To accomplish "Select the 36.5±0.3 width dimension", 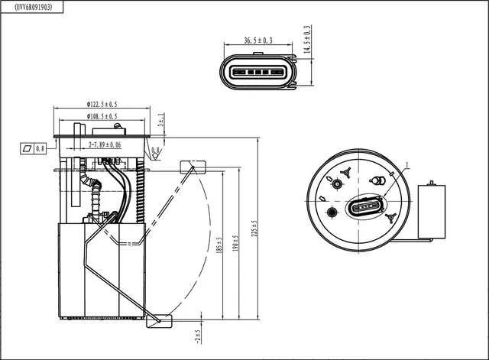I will click(257, 41).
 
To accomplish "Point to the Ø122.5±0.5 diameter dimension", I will click(102, 104).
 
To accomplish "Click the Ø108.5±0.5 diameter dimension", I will click(102, 116).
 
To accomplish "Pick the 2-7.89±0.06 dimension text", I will click(105, 144).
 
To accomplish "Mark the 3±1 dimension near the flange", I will click(160, 120).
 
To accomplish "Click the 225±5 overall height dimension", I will click(255, 228).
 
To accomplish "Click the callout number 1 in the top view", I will click(408, 164).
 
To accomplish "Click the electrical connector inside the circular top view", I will click(366, 206).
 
